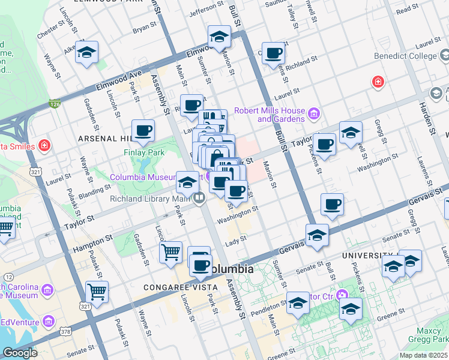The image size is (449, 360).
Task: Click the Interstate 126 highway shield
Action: coord(55,104)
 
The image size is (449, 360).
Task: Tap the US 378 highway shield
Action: coord(65,331)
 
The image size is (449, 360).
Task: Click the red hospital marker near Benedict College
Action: coord(378,81)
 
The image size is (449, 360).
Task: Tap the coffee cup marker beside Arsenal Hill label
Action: coord(143,130)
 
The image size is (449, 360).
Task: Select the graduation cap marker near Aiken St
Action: coord(86,53)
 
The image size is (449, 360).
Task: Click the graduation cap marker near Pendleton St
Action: coord(297,303)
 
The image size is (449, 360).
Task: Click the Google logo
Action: coord(19,353)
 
